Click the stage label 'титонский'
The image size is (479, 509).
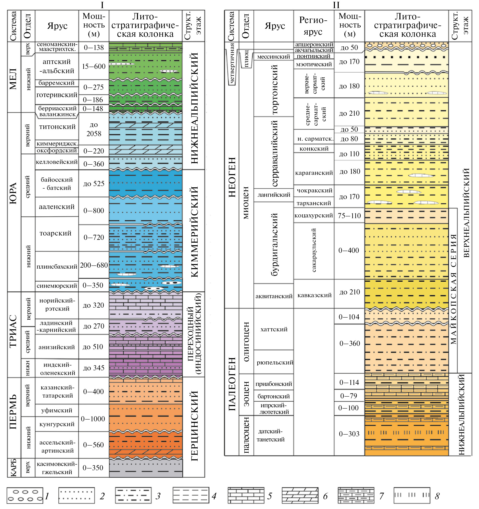tap(57, 127)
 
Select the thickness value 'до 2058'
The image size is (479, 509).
tap(94, 129)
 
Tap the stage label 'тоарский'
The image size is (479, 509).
tap(55, 233)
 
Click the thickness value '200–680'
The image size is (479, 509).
tap(94, 265)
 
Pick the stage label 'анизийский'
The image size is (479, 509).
tap(57, 347)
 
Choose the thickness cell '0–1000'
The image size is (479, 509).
tap(93, 419)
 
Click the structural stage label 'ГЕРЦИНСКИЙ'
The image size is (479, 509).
tap(194, 426)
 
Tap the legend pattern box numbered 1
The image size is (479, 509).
tap(25, 495)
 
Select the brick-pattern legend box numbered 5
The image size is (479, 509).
tap(246, 495)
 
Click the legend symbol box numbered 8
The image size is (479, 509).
tap(411, 495)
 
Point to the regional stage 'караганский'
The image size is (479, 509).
tap(314, 173)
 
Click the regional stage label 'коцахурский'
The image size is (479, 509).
tap(313, 215)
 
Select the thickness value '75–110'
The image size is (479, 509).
tap(349, 216)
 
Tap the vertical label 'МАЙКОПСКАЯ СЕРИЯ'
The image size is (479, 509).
tap(453, 289)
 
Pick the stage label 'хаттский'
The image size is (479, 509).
tap(274, 329)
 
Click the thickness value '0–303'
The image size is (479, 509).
tap(349, 434)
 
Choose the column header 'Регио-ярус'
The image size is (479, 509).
tap(313, 25)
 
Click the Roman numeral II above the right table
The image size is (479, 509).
tap(336, 5)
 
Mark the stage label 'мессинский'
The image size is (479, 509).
tap(274, 57)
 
